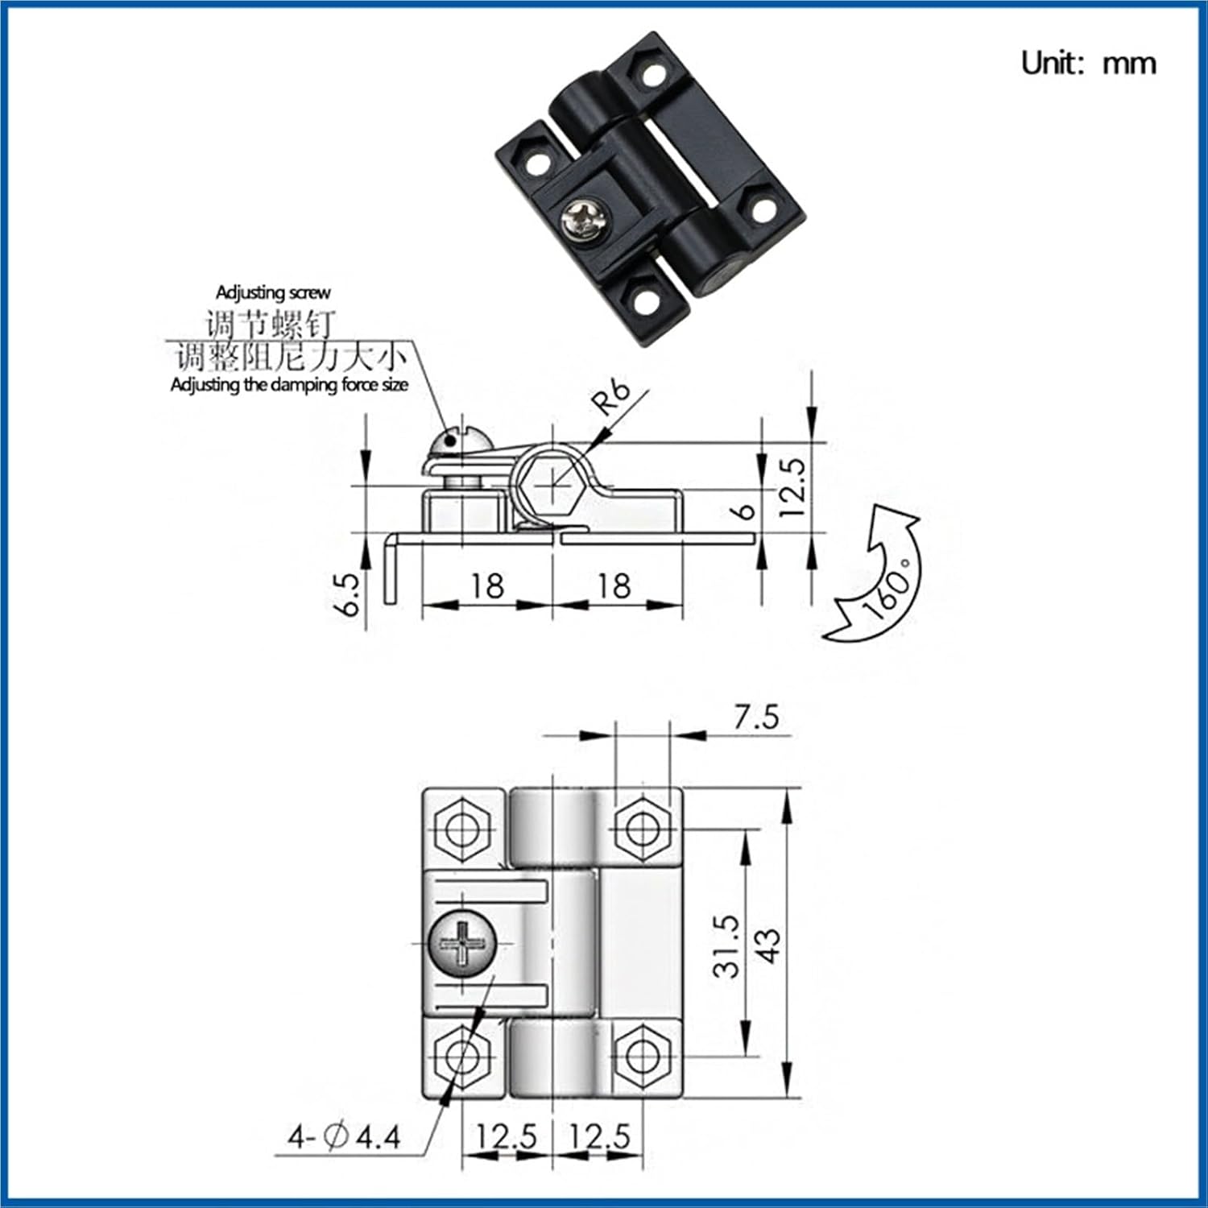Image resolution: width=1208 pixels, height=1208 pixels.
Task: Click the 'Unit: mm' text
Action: (1088, 63)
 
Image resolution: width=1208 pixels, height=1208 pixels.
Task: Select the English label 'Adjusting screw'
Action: (272, 292)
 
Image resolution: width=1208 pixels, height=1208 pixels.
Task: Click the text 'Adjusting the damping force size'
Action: (288, 385)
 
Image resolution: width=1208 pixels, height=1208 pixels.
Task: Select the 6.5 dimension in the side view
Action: (348, 594)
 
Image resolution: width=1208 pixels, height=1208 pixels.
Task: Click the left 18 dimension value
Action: (486, 585)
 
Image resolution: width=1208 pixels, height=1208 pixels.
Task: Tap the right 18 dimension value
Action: (614, 585)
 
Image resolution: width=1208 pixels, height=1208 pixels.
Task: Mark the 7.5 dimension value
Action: (755, 717)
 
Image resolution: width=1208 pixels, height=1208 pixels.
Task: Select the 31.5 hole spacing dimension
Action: (726, 945)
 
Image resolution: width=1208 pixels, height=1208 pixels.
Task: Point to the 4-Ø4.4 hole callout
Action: (345, 1137)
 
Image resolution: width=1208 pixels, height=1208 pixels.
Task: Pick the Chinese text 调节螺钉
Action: (270, 325)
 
